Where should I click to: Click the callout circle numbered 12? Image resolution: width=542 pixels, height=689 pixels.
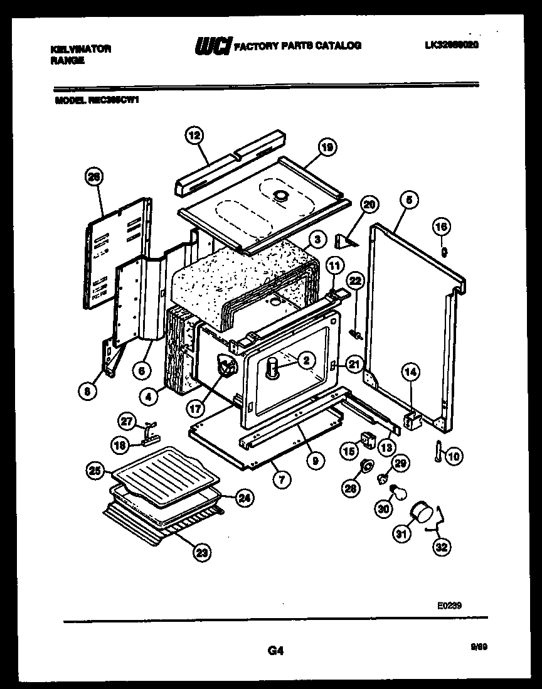[x=194, y=134]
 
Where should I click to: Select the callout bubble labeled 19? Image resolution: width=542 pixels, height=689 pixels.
[x=327, y=147]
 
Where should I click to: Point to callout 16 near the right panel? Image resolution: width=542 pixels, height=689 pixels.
[x=442, y=227]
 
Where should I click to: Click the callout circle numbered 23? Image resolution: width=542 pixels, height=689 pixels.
[x=201, y=552]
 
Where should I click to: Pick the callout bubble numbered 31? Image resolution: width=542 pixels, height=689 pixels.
[x=400, y=534]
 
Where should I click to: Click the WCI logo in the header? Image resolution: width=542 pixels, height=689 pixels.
[x=213, y=46]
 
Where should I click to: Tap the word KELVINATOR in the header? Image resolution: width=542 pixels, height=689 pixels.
[x=80, y=49]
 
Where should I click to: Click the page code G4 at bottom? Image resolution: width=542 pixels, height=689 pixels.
[x=273, y=651]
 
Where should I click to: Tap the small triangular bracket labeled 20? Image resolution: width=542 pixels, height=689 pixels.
[x=346, y=241]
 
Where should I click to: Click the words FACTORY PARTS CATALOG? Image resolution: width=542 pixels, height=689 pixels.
[x=297, y=46]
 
